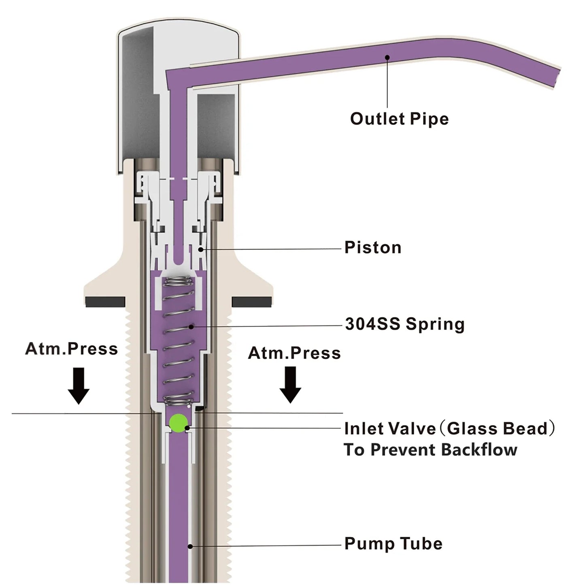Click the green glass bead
pyautogui.click(x=178, y=423)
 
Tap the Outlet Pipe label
pyautogui.click(x=399, y=119)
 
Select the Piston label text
pyautogui.click(x=372, y=248)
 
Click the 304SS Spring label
pyautogui.click(x=404, y=324)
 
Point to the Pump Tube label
pyautogui.click(x=393, y=544)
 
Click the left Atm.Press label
pyautogui.click(x=71, y=349)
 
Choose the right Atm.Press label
pyautogui.click(x=294, y=353)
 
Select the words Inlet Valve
pyautogui.click(x=389, y=429)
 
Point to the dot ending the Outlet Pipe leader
pyautogui.click(x=387, y=57)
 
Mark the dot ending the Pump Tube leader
pyautogui.click(x=190, y=546)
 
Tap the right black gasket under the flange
pyautogui.click(x=252, y=302)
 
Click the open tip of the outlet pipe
pyautogui.click(x=558, y=77)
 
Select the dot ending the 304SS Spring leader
pyautogui.click(x=191, y=326)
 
